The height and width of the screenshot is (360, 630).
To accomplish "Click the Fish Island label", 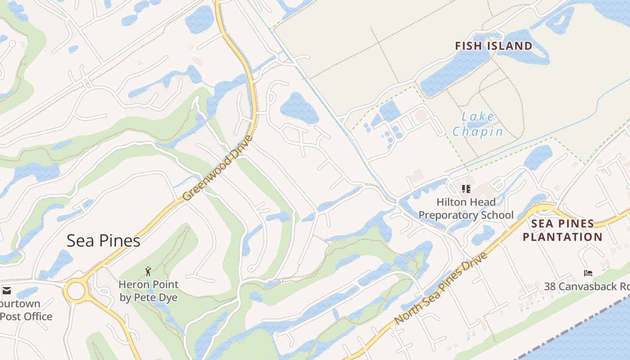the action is pos(493,46).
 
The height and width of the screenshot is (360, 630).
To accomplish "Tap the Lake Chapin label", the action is pos(477,124).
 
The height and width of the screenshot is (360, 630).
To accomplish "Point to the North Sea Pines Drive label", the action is pos(441,288).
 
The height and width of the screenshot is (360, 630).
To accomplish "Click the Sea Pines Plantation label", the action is pos(562,230).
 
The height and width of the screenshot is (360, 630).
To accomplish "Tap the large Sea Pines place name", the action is pos(103,241).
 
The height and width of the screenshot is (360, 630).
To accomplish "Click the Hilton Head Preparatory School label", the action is pos(466,208).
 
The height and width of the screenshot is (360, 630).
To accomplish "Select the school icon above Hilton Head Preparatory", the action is pos(466,189).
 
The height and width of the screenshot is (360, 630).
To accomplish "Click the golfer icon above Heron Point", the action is pos(148,271).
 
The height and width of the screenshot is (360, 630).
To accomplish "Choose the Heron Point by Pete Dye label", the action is pos(148,291).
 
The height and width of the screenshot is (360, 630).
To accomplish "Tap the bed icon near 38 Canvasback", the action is pos(588,273).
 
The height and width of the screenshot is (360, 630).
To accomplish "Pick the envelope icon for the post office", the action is pos(6,290).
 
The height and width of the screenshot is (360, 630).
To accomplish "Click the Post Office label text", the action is pos(26,316).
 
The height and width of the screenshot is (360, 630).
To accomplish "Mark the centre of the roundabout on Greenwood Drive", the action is pos(76,291).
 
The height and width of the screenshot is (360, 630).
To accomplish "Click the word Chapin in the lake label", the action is pos(477,131).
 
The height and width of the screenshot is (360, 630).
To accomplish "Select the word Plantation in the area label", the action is pos(562,237).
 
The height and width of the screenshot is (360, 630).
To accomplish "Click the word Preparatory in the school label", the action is pos(454,215).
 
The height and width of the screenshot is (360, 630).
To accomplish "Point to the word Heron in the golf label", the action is pos(134,284).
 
